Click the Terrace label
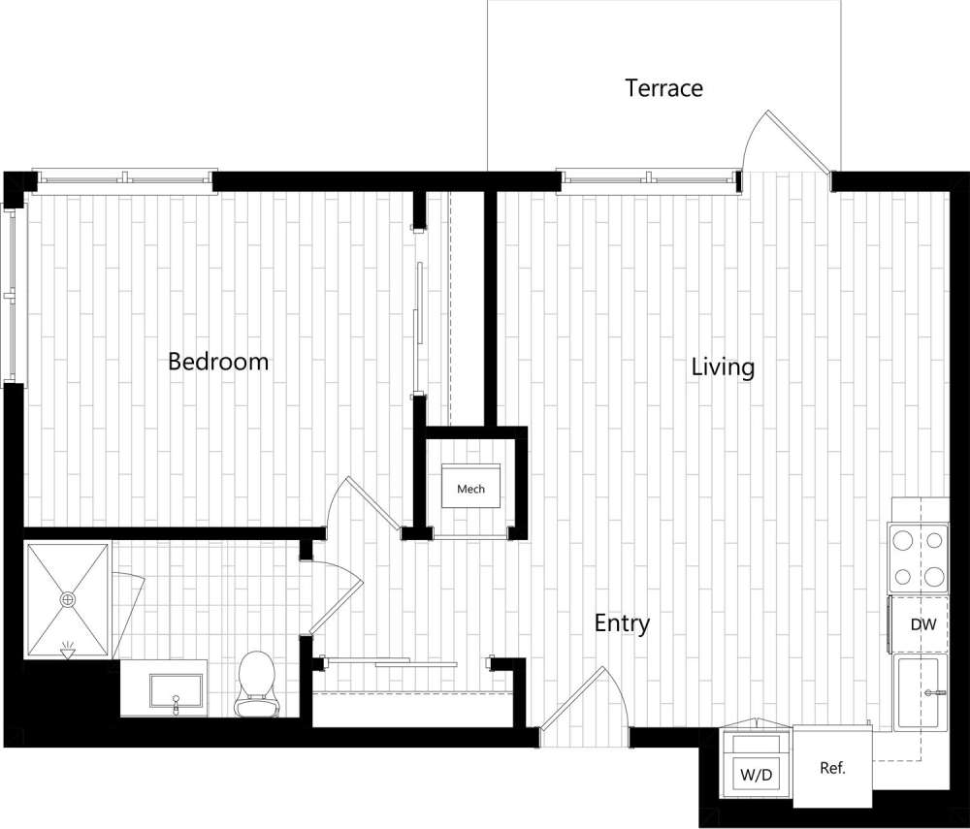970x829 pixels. point(663,88)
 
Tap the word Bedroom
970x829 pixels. point(218,362)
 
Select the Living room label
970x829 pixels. point(723,367)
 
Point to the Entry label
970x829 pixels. point(622,623)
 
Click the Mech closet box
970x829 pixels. point(470,489)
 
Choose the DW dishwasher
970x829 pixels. point(922,624)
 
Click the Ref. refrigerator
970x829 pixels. point(832,768)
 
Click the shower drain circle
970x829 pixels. point(69,600)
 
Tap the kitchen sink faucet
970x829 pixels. point(933,692)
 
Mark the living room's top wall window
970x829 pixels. point(648,178)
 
